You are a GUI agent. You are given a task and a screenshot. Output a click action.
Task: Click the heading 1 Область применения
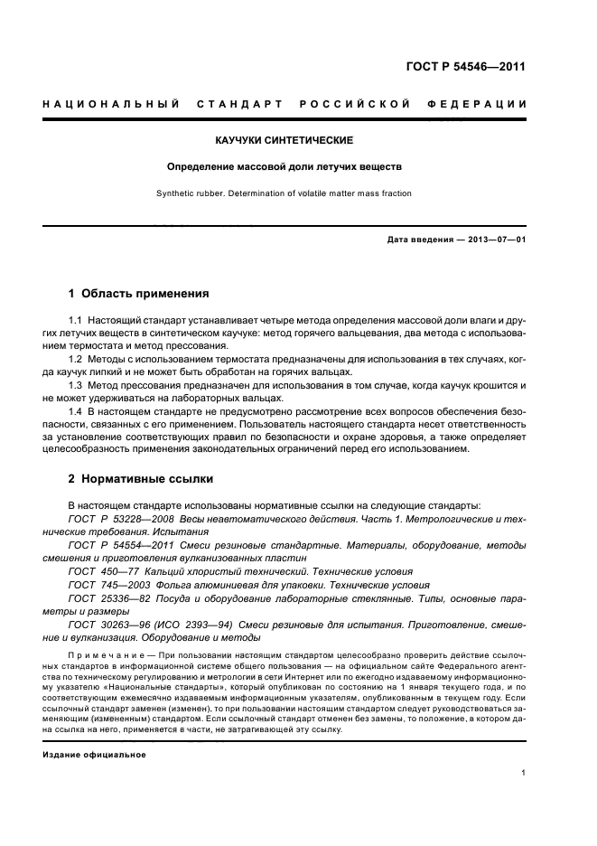pos(139,294)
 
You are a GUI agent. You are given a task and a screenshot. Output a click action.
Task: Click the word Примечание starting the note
pos(100,653)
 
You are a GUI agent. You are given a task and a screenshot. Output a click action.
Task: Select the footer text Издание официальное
pos(94,754)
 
